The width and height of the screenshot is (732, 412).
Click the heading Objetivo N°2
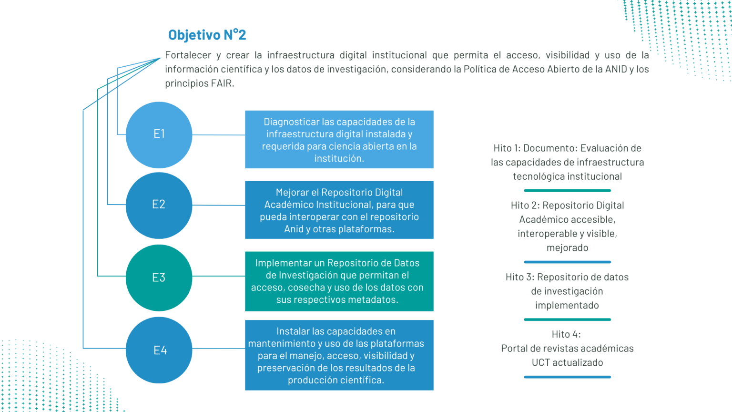click(207, 35)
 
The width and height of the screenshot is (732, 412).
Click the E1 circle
click(159, 134)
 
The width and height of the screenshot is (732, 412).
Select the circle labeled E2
click(159, 205)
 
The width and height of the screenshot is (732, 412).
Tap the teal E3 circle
click(159, 278)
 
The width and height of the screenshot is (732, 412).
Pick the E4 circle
click(159, 350)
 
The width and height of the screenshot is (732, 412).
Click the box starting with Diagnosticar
click(339, 140)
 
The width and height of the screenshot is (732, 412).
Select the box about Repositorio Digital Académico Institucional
click(339, 210)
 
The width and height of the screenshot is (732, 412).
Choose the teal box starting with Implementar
click(339, 281)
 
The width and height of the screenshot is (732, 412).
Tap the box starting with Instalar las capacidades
click(339, 355)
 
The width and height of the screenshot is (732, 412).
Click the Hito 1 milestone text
click(567, 162)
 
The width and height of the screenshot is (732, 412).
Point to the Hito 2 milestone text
click(567, 227)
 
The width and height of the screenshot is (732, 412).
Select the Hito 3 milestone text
click(567, 291)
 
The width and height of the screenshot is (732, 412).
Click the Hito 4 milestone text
click(567, 349)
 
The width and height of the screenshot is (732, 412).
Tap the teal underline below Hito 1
click(567, 190)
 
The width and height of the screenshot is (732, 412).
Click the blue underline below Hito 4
click(567, 377)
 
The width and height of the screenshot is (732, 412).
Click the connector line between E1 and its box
click(218, 134)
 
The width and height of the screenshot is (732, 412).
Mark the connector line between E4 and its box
click(218, 348)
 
